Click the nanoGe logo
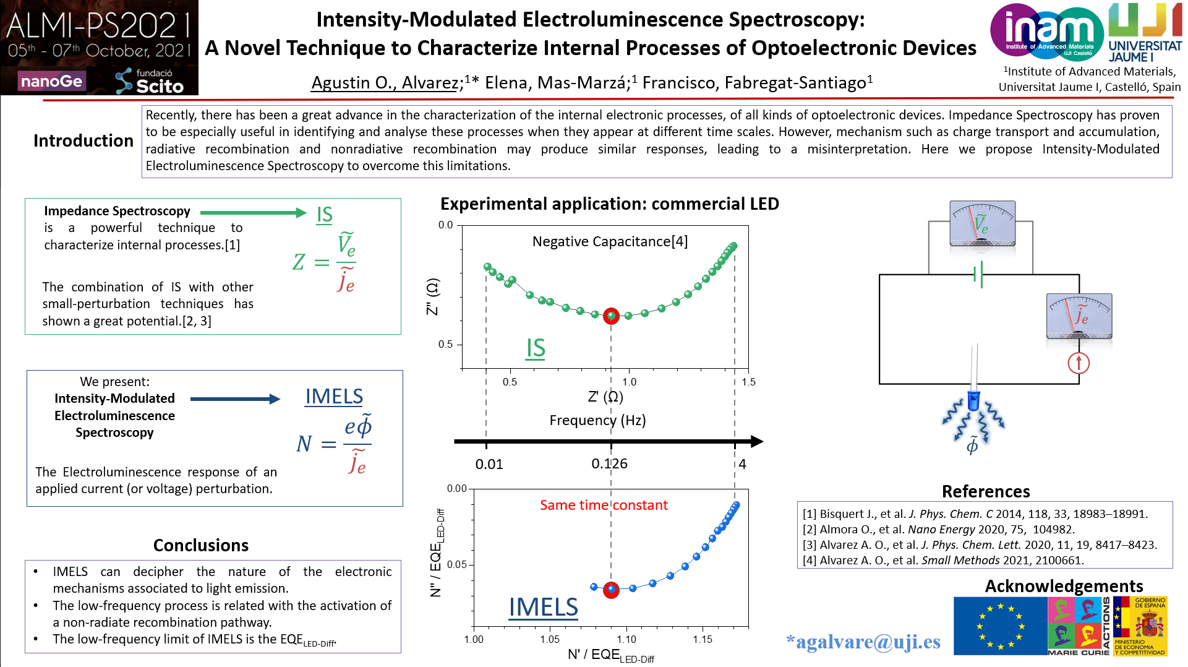click(51, 81)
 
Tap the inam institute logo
click(1046, 32)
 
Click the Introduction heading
click(83, 141)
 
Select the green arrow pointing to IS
click(253, 213)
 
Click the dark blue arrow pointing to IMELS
click(235, 399)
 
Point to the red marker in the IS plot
click(611, 316)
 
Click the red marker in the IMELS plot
click(611, 590)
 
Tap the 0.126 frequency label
click(609, 464)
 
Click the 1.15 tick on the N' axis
click(703, 639)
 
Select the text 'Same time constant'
click(604, 506)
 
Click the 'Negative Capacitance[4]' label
click(610, 241)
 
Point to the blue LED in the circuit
click(973, 399)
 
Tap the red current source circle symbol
click(1079, 363)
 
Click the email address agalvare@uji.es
click(863, 642)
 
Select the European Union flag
click(999, 626)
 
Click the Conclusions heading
click(201, 545)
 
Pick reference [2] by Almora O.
click(938, 530)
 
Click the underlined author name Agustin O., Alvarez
click(384, 83)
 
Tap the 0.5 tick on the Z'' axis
click(446, 345)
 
